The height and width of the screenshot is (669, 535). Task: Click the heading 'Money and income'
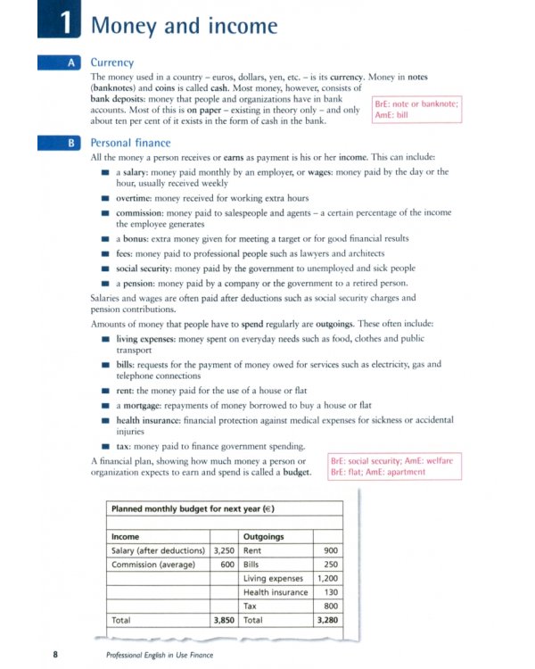(185, 26)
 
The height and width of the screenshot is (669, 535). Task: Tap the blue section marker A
(70, 63)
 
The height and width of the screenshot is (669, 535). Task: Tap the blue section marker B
(70, 143)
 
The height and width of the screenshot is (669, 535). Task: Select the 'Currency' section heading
(112, 63)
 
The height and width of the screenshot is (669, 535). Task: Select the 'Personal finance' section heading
(130, 143)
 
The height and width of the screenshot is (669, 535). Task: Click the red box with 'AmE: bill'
(416, 109)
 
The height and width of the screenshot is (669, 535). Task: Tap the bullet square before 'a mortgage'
(105, 405)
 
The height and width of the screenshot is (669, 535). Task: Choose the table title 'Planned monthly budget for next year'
(192, 509)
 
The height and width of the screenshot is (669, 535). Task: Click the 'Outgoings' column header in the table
(263, 537)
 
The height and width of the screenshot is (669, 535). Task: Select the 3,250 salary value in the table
(223, 551)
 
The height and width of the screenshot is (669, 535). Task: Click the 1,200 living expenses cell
(326, 578)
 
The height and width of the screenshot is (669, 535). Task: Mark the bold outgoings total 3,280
(326, 618)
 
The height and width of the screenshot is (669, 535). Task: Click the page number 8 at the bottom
(55, 655)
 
